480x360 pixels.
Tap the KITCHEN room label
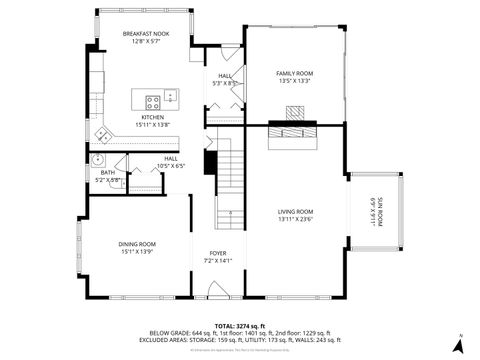153,117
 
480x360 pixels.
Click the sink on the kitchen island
171,97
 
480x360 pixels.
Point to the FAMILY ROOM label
295,73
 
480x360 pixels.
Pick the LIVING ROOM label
295,211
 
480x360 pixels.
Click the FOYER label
218,253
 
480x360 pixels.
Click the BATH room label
107,173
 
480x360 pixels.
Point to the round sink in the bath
98,160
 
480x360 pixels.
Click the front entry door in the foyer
218,291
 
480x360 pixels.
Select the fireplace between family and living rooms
295,128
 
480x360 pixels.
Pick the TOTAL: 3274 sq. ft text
240,325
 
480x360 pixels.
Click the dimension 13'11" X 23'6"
295,219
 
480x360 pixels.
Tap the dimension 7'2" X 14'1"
218,261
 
